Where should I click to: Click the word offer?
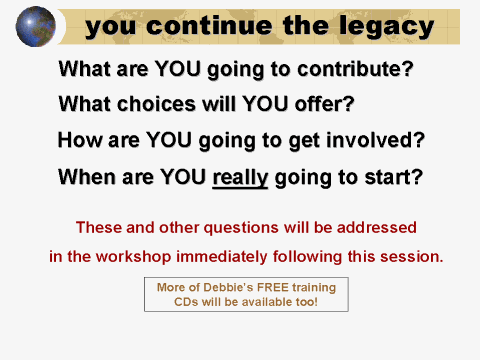coord(325,104)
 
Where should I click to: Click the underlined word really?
coord(240,178)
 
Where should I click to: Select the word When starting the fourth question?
coord(83,178)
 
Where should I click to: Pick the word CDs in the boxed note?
coord(176,301)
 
